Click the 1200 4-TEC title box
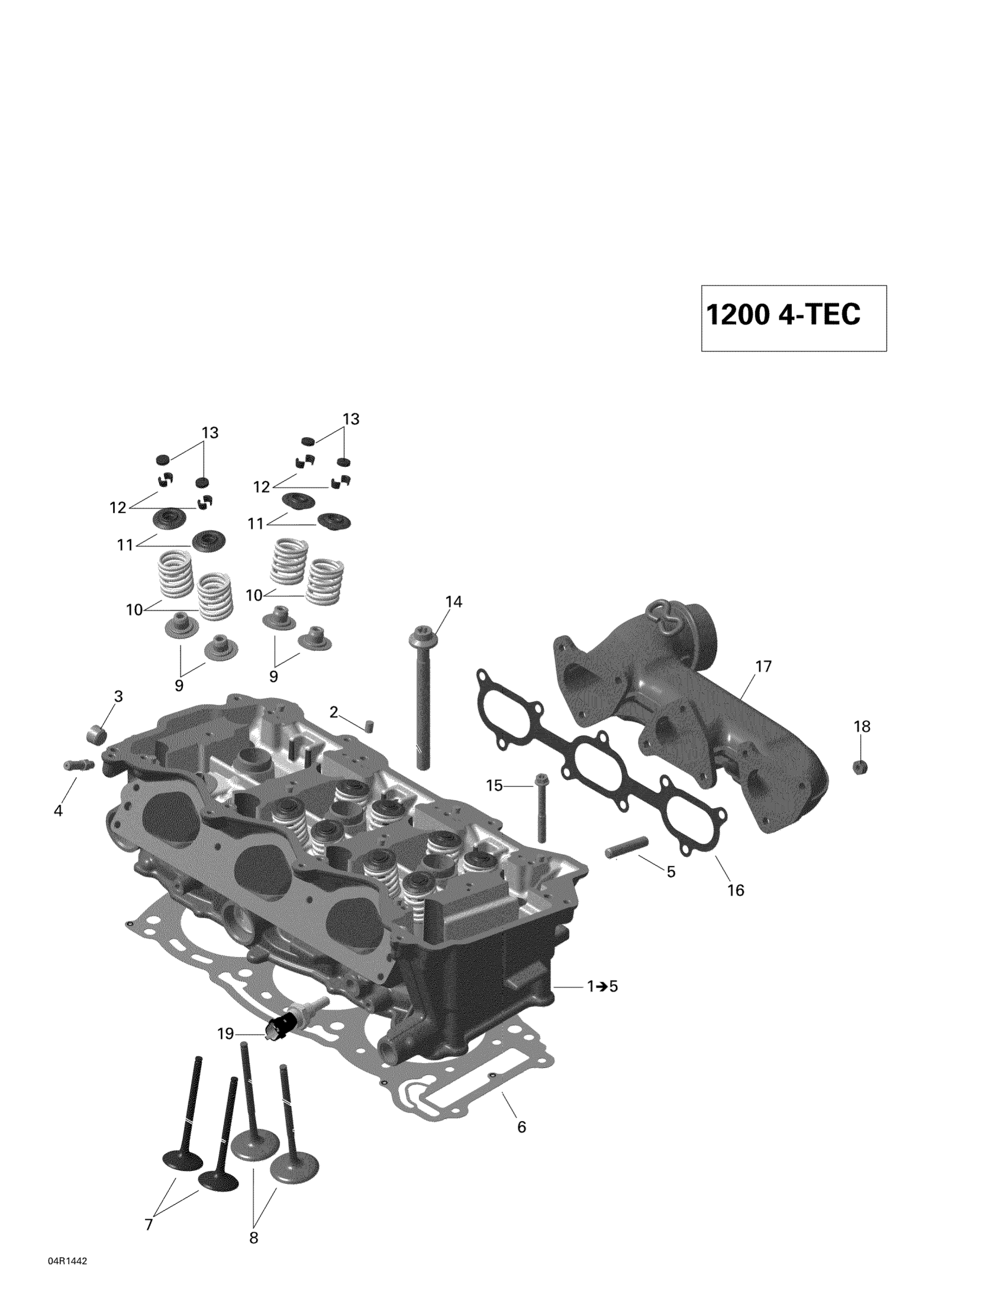click(793, 318)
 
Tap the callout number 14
click(453, 602)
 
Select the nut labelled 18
click(860, 767)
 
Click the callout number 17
click(763, 667)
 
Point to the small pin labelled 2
click(369, 725)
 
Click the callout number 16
click(736, 906)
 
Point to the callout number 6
click(521, 1127)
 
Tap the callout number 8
click(253, 1238)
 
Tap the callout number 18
click(862, 726)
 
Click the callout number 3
click(118, 696)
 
